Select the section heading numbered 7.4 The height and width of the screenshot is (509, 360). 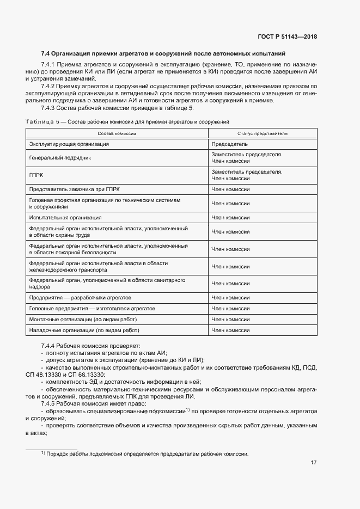[163, 53]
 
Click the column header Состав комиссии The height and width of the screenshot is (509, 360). [117, 133]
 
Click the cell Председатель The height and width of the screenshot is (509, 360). [229, 144]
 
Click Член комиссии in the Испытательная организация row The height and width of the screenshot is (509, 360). [230, 217]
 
